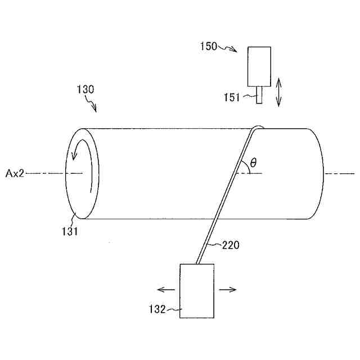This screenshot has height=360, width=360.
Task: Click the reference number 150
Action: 209,47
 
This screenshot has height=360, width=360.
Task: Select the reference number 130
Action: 85,89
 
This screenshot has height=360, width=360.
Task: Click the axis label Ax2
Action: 15,174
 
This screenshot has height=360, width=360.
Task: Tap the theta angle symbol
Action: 253,163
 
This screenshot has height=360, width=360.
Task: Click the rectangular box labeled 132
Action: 196,291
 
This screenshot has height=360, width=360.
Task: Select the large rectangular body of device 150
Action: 259,65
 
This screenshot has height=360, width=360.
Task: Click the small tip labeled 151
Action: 259,94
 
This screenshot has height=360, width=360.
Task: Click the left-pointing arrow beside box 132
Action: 165,290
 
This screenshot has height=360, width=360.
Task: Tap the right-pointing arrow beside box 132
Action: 228,290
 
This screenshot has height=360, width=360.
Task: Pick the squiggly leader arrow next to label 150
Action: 230,49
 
